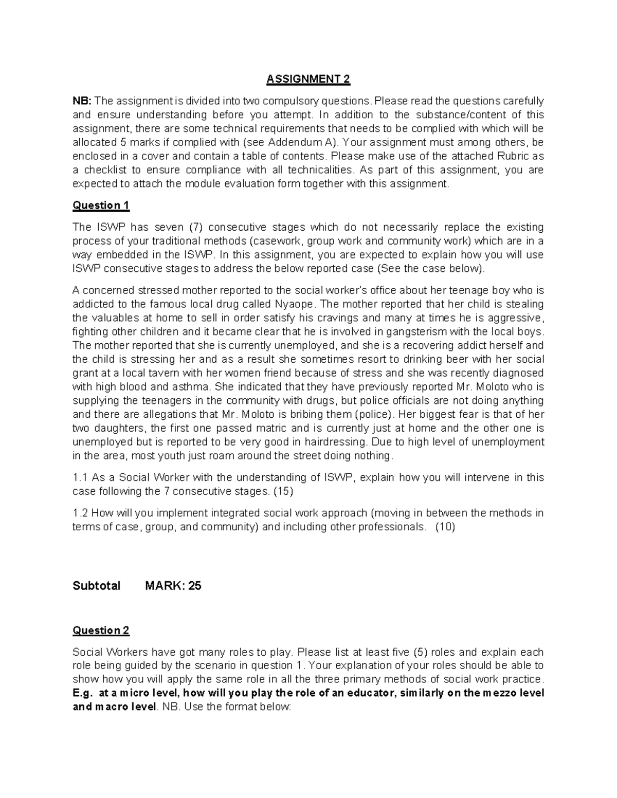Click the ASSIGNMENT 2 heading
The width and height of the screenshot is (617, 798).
(x=308, y=79)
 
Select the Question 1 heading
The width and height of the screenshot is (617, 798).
(x=101, y=206)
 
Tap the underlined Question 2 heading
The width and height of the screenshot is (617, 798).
(x=101, y=630)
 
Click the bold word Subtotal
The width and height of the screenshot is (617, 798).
(x=97, y=586)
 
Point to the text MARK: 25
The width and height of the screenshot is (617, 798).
(x=173, y=586)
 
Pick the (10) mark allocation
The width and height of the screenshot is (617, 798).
(x=445, y=527)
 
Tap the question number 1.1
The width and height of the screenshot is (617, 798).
(x=81, y=477)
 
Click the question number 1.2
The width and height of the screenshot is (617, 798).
(x=81, y=513)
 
